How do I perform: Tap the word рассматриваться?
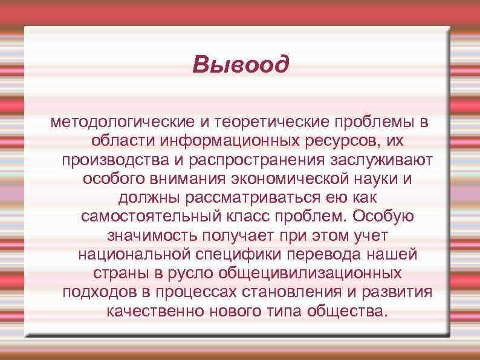(242, 198)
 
